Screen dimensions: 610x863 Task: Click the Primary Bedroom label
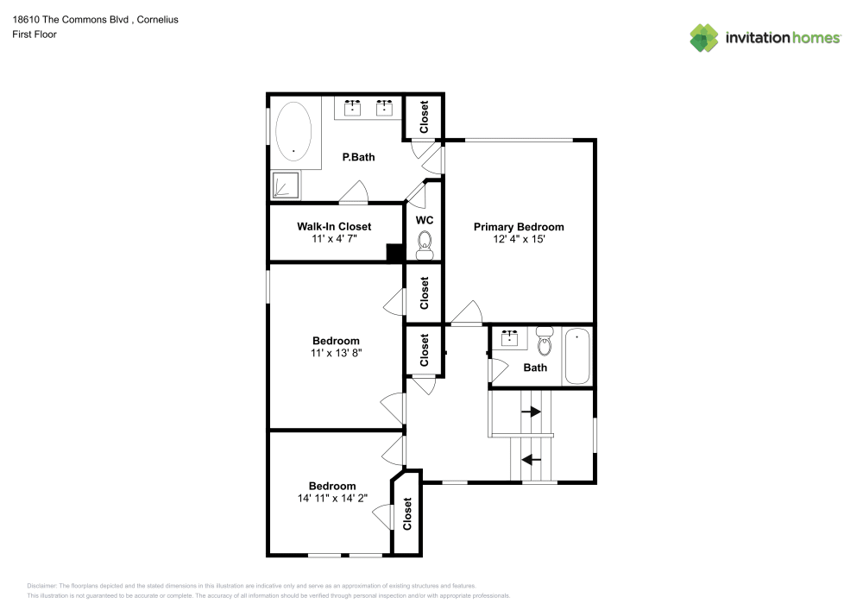click(519, 227)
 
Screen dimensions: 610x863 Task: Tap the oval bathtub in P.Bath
click(293, 135)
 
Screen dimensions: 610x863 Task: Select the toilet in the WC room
click(424, 248)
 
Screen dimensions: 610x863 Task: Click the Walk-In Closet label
click(334, 227)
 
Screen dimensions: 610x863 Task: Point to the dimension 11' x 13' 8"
click(336, 353)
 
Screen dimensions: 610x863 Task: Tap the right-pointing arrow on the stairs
click(531, 412)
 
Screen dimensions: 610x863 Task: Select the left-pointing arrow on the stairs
click(532, 460)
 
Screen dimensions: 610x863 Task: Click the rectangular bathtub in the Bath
click(576, 356)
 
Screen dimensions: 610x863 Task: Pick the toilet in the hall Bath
click(544, 343)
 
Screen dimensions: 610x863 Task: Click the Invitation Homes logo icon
click(704, 37)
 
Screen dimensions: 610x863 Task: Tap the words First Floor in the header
click(35, 35)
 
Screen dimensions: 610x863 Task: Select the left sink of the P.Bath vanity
click(352, 108)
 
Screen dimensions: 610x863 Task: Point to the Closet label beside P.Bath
click(425, 116)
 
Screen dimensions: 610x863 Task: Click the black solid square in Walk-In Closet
click(394, 252)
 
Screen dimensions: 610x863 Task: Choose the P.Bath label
click(358, 157)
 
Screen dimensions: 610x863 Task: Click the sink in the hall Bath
click(510, 337)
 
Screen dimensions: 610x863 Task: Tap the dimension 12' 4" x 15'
click(519, 240)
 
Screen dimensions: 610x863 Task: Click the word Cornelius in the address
click(155, 19)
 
